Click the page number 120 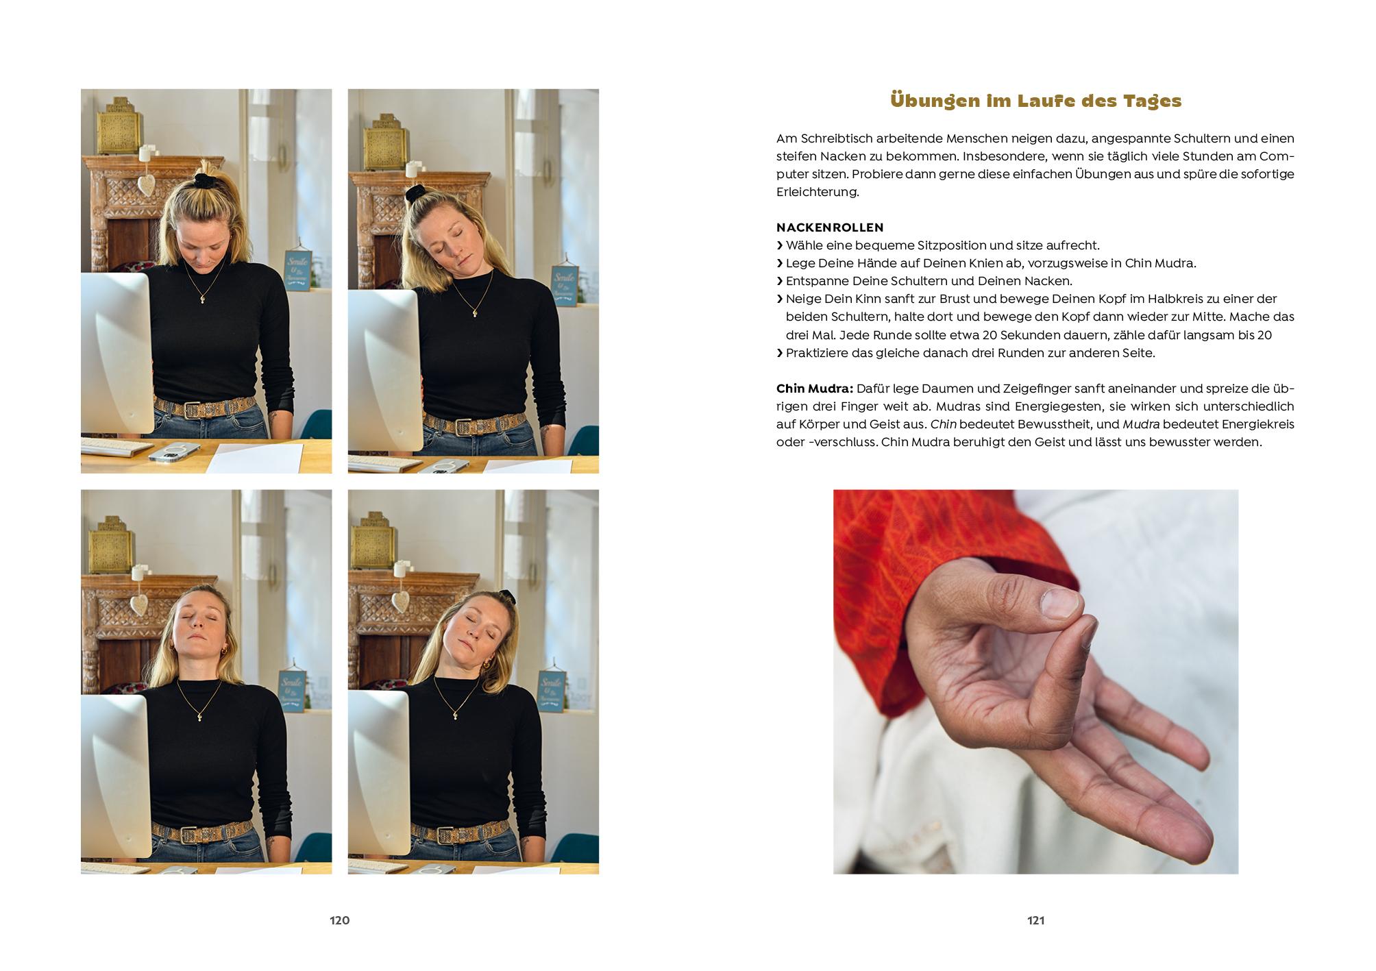pyautogui.click(x=340, y=920)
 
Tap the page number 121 pyautogui.click(x=1035, y=920)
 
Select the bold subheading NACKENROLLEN pyautogui.click(x=830, y=228)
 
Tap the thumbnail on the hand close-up pyautogui.click(x=1058, y=602)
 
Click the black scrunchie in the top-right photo pyautogui.click(x=416, y=193)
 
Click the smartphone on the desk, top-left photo pyautogui.click(x=174, y=452)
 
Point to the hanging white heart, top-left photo pyautogui.click(x=147, y=184)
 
